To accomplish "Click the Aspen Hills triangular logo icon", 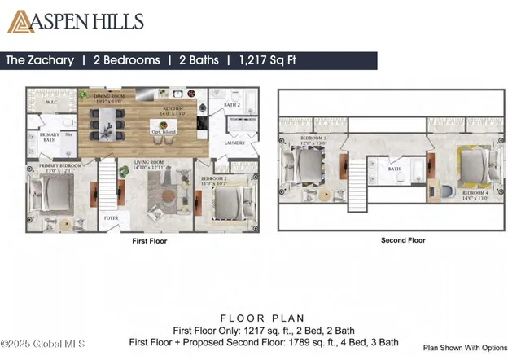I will pyautogui.click(x=21, y=22).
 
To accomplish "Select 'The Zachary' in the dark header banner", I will pyautogui.click(x=40, y=60).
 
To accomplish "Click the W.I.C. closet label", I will pyautogui.click(x=50, y=103).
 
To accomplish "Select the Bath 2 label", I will pyautogui.click(x=231, y=105).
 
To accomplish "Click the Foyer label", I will pyautogui.click(x=112, y=217).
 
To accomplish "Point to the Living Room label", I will pyautogui.click(x=151, y=165).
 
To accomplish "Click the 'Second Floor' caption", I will pyautogui.click(x=403, y=240).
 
